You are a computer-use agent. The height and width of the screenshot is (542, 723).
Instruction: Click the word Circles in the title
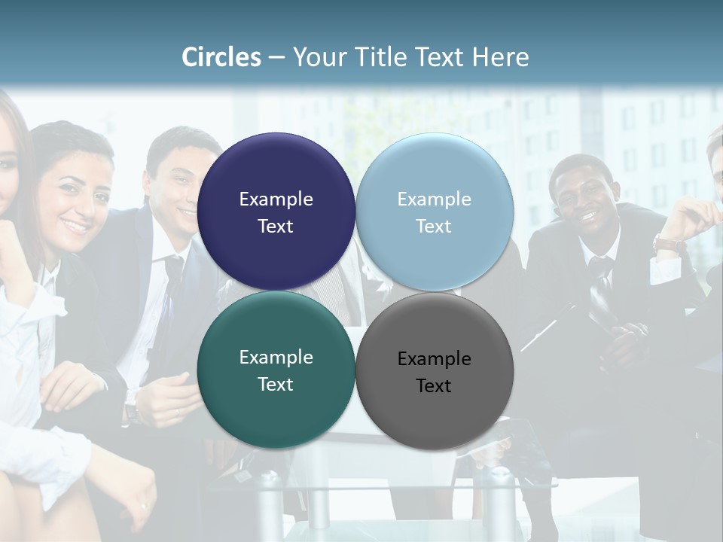(x=221, y=56)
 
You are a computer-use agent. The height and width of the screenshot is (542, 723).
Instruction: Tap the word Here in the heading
(x=500, y=56)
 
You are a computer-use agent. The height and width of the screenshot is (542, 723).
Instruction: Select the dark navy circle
(x=276, y=212)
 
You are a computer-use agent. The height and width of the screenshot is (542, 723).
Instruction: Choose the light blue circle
(x=435, y=212)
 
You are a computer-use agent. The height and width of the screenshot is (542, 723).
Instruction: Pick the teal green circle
(x=276, y=370)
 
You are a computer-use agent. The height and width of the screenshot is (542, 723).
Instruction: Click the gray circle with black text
(x=435, y=371)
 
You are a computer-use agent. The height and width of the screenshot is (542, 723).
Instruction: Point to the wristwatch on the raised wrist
(x=668, y=243)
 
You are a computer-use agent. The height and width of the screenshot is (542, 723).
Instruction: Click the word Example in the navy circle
(x=276, y=199)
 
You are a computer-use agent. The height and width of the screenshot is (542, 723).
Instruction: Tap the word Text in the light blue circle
(x=434, y=226)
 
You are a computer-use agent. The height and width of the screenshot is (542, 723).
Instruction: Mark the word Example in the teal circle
(x=276, y=357)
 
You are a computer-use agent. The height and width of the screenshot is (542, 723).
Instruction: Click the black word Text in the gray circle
(x=434, y=385)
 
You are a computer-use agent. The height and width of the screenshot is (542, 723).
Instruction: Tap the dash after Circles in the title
(x=276, y=58)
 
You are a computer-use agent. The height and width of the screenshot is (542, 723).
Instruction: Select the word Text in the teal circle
(x=276, y=384)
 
